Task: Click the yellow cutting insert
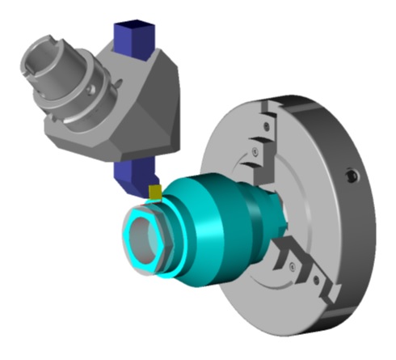(155, 192)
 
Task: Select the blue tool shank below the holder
(131, 176)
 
